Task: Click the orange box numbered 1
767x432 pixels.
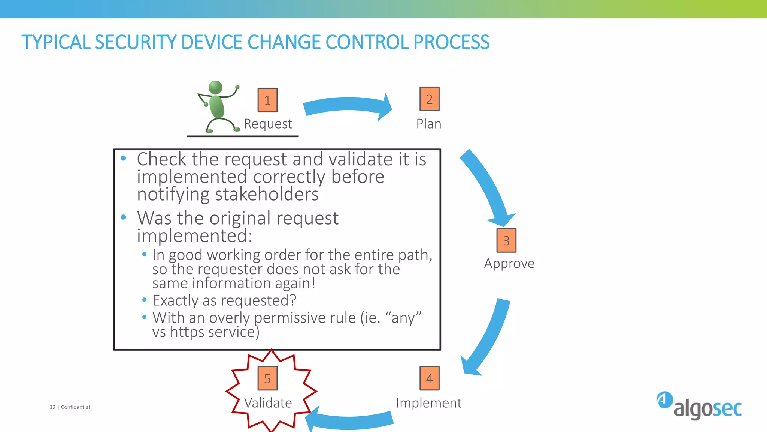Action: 267,100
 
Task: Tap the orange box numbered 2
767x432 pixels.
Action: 429,99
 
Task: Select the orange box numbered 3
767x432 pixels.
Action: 506,240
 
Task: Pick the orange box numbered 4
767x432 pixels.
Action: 429,378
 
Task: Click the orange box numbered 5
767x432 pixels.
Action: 267,378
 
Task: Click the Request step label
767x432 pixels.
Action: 268,124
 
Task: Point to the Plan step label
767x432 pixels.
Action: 429,124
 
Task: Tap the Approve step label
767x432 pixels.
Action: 509,263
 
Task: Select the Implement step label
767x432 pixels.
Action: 428,403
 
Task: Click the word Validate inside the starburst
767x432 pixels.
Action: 268,403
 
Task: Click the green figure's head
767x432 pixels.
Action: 215,87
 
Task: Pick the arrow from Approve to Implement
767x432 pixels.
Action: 487,337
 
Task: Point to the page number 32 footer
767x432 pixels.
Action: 52,407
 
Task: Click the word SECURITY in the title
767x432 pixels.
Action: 135,42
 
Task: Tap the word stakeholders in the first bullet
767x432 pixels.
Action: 267,195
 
